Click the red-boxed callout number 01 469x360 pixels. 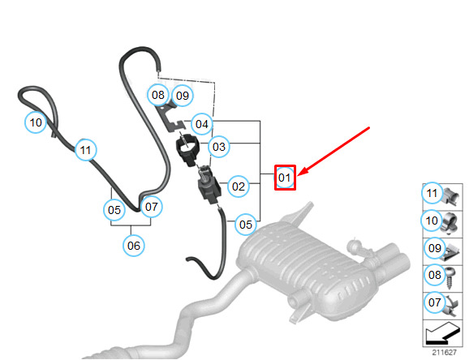coord(285,178)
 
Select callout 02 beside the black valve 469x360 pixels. coord(239,186)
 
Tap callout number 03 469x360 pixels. coord(219,147)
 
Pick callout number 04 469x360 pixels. coord(202,124)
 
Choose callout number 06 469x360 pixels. coord(134,246)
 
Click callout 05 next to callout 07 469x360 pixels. coord(114,210)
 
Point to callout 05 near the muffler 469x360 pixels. coord(246,225)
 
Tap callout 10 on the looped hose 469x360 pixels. coord(36,122)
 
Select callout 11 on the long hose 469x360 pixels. coord(86,150)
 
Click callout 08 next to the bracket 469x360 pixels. coord(158,95)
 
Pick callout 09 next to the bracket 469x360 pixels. coord(183,96)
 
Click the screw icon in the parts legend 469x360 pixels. coord(450,278)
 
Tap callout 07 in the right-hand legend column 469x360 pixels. coord(435,302)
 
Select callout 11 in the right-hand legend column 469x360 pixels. coord(432,193)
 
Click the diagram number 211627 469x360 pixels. coord(444,352)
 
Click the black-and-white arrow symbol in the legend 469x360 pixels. coord(443,332)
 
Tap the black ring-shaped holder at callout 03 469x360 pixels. coord(187,149)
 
